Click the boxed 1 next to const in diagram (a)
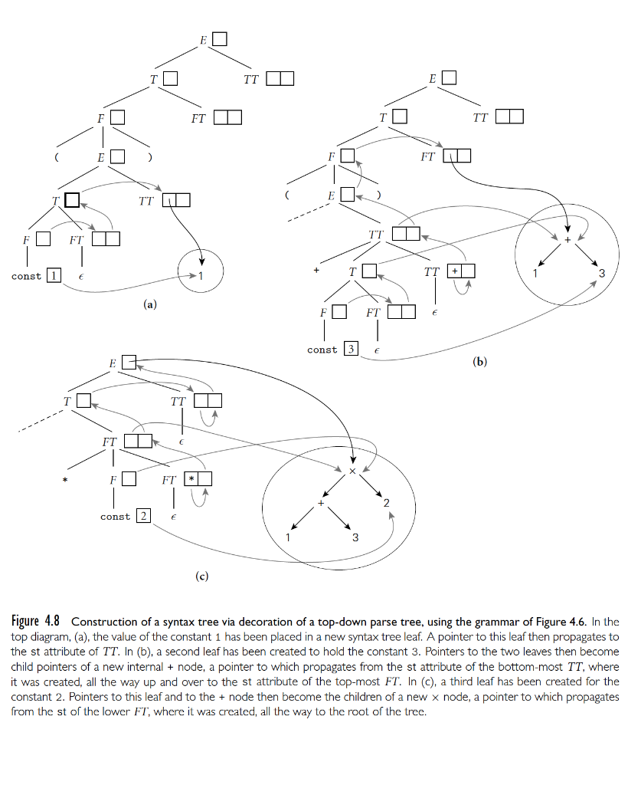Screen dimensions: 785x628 [x=54, y=276]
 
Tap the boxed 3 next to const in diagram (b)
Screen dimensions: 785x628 [x=351, y=350]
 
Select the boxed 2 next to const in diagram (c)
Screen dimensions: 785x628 [x=143, y=517]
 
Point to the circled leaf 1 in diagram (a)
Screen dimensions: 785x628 [x=201, y=276]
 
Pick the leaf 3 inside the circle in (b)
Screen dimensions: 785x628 [x=602, y=274]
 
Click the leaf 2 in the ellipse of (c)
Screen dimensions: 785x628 [x=387, y=502]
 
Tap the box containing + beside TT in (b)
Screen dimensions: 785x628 [x=454, y=271]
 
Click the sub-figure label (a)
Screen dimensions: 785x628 [x=150, y=304]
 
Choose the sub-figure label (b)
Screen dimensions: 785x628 [x=480, y=361]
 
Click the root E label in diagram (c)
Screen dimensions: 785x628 [x=112, y=363]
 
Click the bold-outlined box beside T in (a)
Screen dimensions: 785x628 [x=71, y=201]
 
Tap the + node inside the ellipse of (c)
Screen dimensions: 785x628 [x=322, y=504]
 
